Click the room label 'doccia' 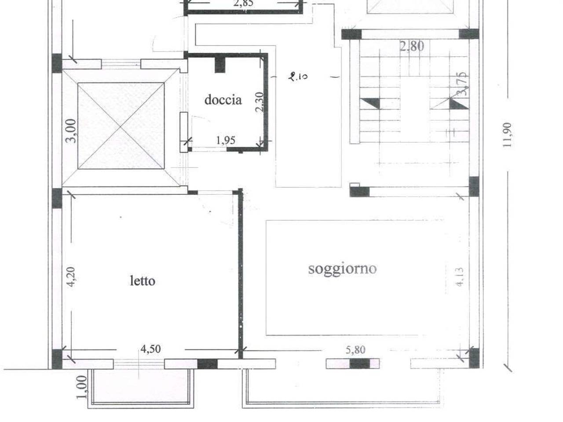tap(223, 100)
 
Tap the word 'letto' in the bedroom tap(143, 281)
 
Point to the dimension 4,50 tap(151, 349)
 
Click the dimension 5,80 tap(355, 350)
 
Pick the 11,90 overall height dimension tap(507, 135)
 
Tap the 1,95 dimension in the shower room tap(226, 140)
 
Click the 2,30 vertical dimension tap(260, 102)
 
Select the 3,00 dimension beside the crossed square tap(71, 131)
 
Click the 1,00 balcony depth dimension tap(81, 387)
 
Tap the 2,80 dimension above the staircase tap(412, 47)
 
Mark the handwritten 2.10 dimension tap(298, 76)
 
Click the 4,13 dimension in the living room tap(460, 277)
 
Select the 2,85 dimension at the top tap(243, 4)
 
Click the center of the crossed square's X tap(121, 126)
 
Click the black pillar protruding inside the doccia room tap(220, 65)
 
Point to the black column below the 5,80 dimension tap(360, 364)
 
